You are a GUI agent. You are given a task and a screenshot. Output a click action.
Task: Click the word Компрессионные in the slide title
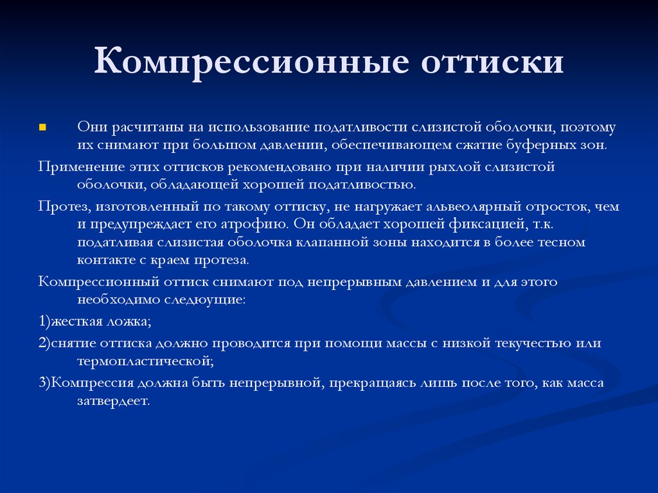coord(251,62)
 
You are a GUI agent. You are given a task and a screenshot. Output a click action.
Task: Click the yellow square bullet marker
coord(42,127)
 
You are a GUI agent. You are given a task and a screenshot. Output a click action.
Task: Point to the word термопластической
coord(145,361)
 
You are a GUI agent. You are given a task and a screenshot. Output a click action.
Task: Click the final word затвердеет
coord(113,401)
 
